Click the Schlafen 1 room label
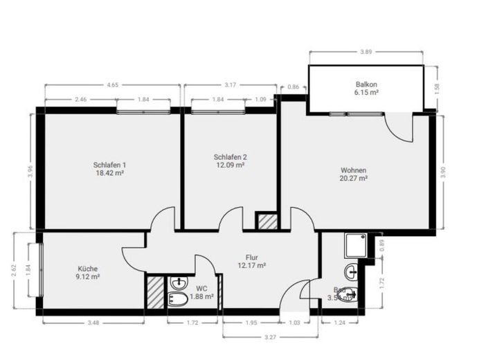(109, 169)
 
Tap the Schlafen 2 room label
(230, 161)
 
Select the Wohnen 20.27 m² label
(353, 174)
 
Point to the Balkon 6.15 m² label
(366, 88)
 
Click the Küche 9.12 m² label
(88, 272)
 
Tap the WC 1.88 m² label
(201, 292)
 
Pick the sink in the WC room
(179, 282)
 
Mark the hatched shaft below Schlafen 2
(266, 222)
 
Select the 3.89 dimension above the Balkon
(366, 51)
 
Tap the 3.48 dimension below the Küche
(93, 323)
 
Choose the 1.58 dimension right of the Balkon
(436, 88)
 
